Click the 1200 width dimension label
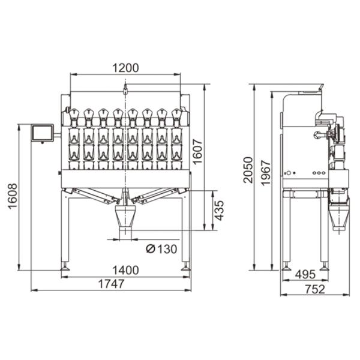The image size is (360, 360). point(125,68)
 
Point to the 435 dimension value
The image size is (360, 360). point(220,211)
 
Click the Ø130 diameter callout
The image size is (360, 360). point(161,248)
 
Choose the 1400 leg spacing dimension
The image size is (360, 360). point(125,271)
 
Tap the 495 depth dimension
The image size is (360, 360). point(305,275)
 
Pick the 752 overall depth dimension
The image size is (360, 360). point(314,289)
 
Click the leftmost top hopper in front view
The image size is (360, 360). point(74,115)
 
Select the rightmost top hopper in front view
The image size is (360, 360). point(176,115)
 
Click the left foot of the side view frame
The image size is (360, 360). point(286,266)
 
